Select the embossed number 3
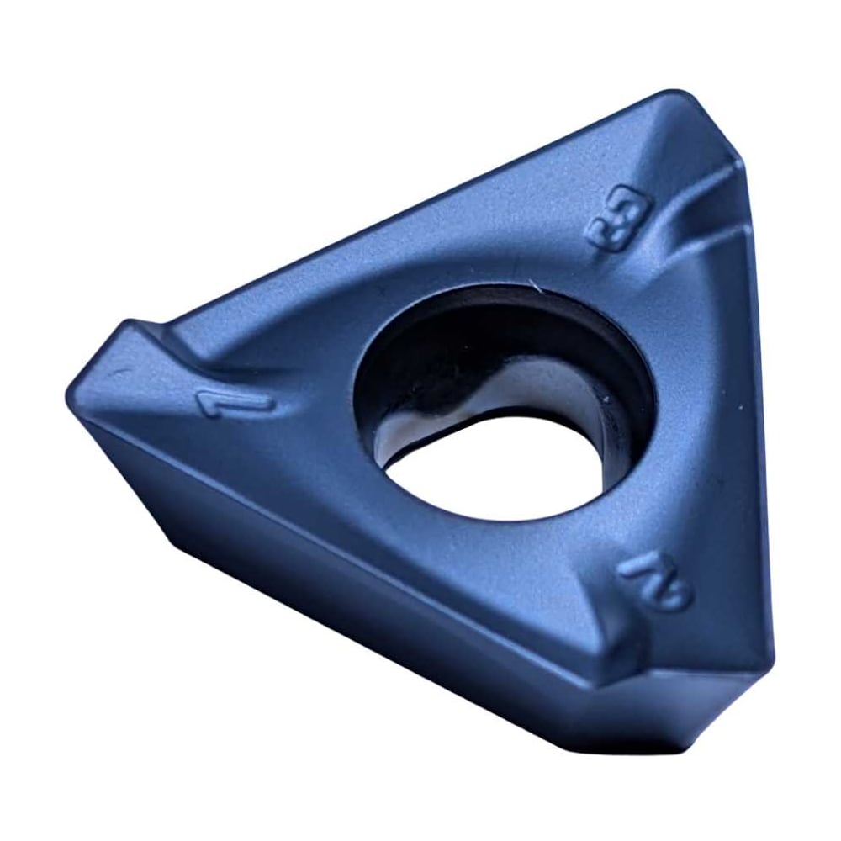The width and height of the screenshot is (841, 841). [621, 219]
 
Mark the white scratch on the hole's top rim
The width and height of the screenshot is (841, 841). [535, 285]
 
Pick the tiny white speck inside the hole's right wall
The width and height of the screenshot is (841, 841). [606, 399]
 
